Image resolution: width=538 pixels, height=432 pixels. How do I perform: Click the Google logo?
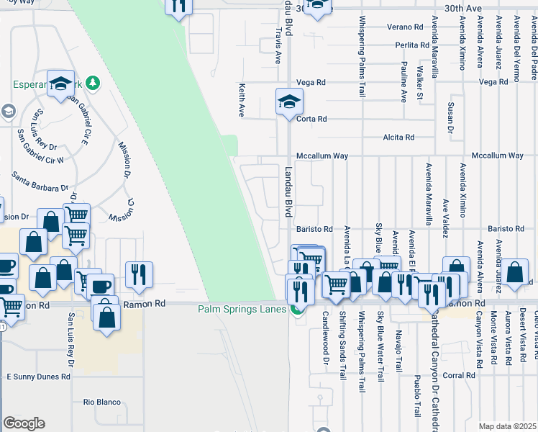coord(24,423)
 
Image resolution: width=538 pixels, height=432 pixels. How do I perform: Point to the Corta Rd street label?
coord(311,119)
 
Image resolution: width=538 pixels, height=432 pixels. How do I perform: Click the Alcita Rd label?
coord(398,137)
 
